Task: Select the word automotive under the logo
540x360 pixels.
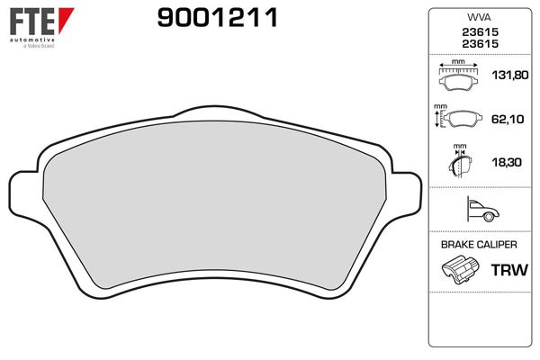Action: [30, 40]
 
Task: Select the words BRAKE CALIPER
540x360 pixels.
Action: [479, 244]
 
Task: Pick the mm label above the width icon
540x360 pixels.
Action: [458, 62]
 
